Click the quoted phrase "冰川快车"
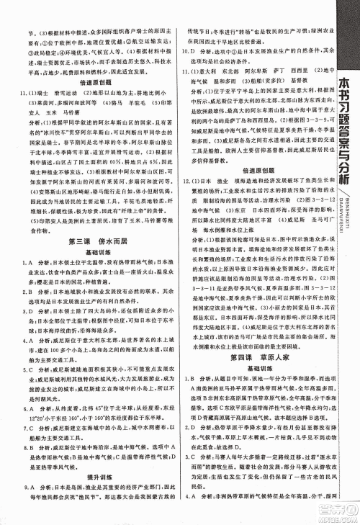[x=50, y=133]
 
